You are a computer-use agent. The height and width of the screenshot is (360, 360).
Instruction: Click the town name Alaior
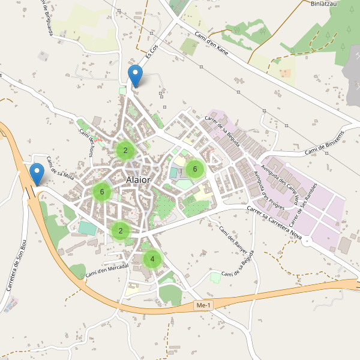click(x=139, y=179)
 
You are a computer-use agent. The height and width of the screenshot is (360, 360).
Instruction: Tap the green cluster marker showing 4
click(x=152, y=259)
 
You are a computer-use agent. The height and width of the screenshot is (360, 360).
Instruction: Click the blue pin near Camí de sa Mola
click(x=37, y=175)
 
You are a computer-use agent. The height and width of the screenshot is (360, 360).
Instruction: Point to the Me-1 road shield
click(x=204, y=306)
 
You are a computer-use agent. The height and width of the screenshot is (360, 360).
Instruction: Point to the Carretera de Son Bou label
click(x=17, y=265)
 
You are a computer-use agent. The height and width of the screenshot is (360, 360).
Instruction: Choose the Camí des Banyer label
click(x=233, y=239)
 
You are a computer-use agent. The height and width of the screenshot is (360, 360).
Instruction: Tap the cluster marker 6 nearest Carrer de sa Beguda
click(x=194, y=169)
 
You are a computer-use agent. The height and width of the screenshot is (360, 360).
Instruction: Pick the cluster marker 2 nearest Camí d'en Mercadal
click(x=121, y=230)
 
